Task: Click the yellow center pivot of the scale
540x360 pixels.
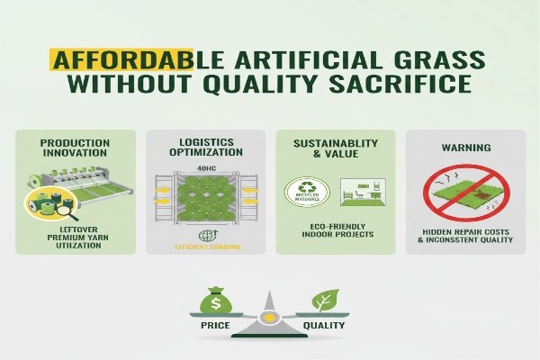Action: click(x=271, y=318)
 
